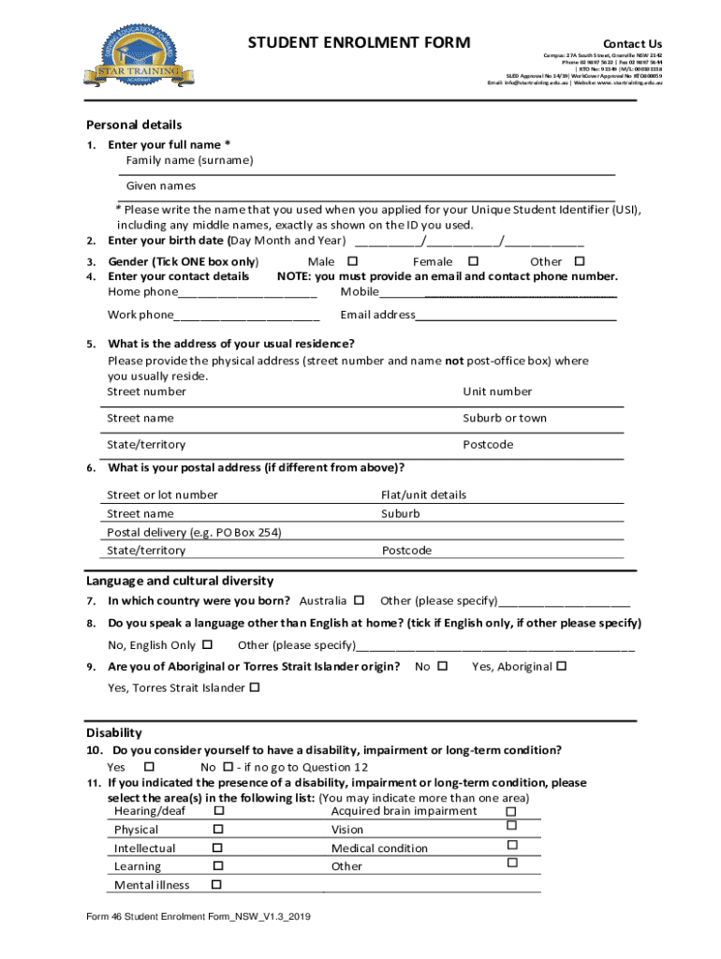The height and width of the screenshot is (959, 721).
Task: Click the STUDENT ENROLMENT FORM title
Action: (x=359, y=43)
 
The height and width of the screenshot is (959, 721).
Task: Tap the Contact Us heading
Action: (x=632, y=44)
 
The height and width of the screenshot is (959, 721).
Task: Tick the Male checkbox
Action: (x=352, y=261)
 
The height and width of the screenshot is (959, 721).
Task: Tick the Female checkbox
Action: (x=473, y=261)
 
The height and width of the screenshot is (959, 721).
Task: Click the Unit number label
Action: (x=497, y=391)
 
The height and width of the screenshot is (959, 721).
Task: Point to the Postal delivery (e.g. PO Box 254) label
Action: (x=194, y=532)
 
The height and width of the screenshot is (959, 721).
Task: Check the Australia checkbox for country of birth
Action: (x=359, y=600)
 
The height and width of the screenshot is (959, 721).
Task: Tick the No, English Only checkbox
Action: (x=208, y=644)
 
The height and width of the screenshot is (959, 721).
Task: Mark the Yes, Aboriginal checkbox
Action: (x=562, y=666)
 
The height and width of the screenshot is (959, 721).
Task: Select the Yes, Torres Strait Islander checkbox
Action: (x=255, y=687)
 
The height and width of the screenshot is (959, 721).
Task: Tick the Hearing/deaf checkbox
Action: (x=218, y=810)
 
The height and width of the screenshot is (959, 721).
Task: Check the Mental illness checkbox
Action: (x=218, y=884)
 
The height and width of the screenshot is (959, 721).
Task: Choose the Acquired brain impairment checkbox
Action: (x=510, y=811)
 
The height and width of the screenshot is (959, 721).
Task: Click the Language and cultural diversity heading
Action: (x=180, y=581)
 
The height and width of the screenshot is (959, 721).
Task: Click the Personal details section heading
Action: (x=134, y=125)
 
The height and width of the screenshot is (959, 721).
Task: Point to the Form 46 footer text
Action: (x=198, y=919)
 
